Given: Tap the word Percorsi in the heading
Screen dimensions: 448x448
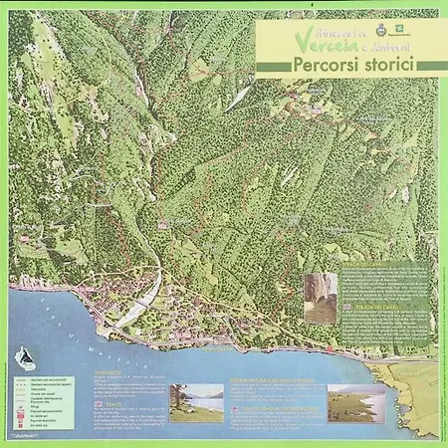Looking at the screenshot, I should (323, 66).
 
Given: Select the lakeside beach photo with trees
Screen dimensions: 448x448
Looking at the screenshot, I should (196, 402).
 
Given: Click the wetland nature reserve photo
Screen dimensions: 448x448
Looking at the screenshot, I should (357, 402).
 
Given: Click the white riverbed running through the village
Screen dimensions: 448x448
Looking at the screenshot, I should (143, 294).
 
